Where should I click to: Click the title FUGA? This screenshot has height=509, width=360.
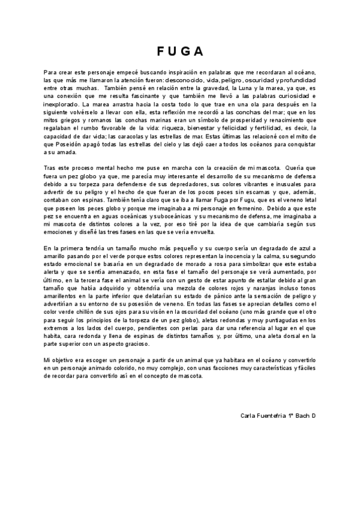click(x=179, y=50)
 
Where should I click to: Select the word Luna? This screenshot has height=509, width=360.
click(x=244, y=88)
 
